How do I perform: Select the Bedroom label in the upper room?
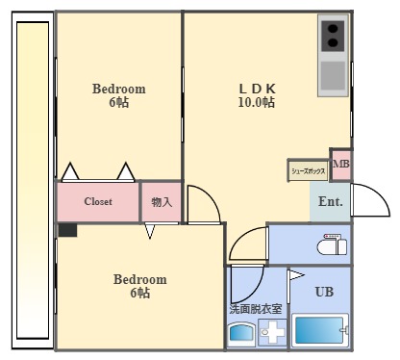[118, 89]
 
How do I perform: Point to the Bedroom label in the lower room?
[139, 279]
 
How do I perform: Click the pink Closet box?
[98, 202]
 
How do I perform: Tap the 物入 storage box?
[162, 202]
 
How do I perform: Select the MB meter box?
[340, 165]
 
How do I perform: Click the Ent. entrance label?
[330, 202]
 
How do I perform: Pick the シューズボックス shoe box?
[308, 170]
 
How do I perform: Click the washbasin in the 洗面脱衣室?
[240, 334]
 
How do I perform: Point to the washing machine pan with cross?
[271, 333]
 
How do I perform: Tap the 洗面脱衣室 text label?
[256, 309]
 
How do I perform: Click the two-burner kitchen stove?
[334, 37]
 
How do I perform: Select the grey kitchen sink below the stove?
[334, 74]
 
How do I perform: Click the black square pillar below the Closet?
[66, 230]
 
